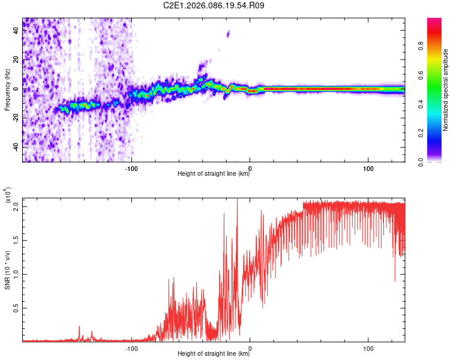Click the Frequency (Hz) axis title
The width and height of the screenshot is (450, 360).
coord(7,90)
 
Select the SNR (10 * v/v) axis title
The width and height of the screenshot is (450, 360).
coord(7,269)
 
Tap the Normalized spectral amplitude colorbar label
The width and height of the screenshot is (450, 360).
coord(445,90)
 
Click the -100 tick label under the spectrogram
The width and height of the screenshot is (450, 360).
coord(132,167)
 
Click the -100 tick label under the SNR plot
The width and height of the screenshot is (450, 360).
coord(132,347)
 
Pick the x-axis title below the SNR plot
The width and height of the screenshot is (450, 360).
coord(214,354)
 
